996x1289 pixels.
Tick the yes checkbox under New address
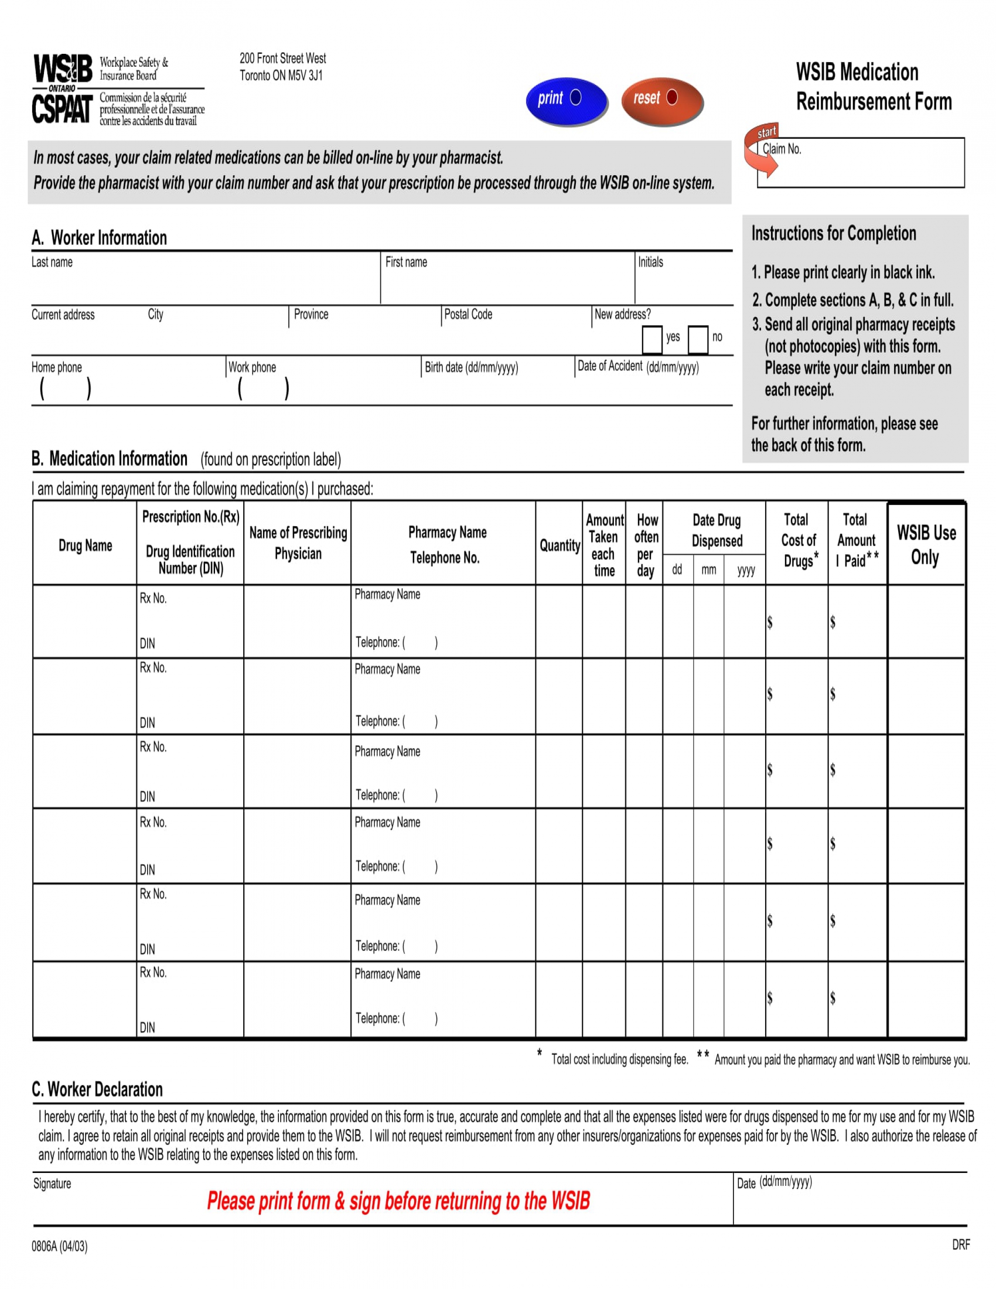tap(652, 339)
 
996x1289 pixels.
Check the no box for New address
tap(697, 339)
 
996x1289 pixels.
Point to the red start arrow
tap(761, 151)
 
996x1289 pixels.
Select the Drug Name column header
tap(85, 545)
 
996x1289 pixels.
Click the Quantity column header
tap(560, 545)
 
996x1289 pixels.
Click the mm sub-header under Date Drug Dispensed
tap(709, 570)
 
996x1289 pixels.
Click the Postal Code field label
tap(468, 315)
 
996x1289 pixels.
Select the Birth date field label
tap(471, 368)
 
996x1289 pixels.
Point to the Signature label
tap(52, 1184)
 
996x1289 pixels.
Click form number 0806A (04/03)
tap(60, 1246)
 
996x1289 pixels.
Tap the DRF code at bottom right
tap(961, 1244)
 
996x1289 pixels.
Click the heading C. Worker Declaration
tap(97, 1090)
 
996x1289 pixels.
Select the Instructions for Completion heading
tap(833, 234)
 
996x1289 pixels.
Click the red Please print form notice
tap(398, 1201)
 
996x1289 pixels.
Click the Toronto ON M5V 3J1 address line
tap(281, 76)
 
